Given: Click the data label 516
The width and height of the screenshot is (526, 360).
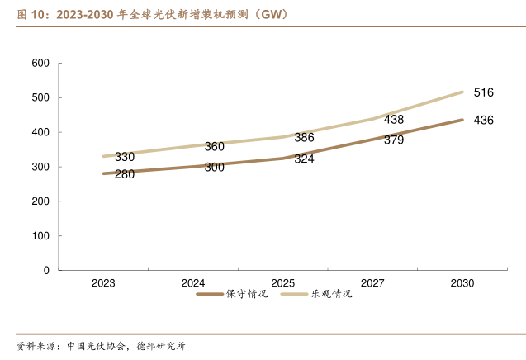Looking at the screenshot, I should [483, 92].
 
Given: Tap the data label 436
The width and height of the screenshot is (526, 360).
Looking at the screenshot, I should [483, 121].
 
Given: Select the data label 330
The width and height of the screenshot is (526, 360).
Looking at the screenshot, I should [125, 157].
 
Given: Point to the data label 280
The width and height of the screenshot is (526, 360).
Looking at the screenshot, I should [125, 174].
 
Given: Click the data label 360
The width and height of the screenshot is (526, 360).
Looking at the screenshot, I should [214, 147].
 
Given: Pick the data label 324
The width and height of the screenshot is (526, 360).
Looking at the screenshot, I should [304, 159].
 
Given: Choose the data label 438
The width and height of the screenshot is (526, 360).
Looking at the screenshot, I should [394, 120].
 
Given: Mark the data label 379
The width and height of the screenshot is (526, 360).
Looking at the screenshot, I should [394, 140].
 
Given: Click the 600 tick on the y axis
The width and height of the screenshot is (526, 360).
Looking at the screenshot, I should [41, 64].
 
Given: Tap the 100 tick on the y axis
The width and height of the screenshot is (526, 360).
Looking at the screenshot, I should [41, 236].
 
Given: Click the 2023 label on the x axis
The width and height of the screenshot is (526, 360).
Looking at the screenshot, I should [103, 283].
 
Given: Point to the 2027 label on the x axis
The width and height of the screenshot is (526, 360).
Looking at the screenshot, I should [372, 283].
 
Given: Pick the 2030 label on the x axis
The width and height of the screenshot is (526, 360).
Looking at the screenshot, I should [462, 283].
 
